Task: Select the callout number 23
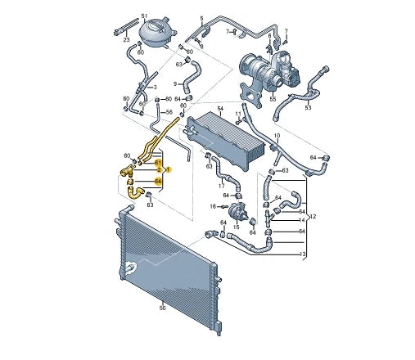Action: click(126, 38)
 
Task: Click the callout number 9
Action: click(175, 83)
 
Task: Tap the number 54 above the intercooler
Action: click(219, 108)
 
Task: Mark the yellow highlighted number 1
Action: click(168, 169)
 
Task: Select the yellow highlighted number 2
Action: click(159, 169)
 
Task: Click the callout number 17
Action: click(222, 186)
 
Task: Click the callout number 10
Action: click(276, 135)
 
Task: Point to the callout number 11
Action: click(239, 114)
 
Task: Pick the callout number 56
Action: click(169, 113)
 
